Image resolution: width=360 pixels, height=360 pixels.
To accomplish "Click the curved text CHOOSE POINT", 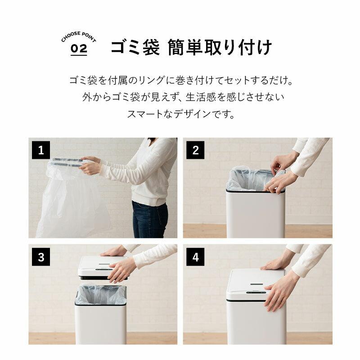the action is (78, 36).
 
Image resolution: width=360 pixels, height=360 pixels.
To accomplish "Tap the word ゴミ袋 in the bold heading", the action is (135, 47).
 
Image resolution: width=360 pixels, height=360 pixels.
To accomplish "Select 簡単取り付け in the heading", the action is (220, 47).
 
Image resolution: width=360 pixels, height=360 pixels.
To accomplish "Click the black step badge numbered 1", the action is (41, 150).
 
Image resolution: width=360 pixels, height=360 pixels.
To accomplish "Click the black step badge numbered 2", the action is (195, 150).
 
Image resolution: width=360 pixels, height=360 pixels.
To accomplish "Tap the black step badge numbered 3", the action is (41, 257).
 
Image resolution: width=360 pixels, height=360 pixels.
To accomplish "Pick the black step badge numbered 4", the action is (195, 257).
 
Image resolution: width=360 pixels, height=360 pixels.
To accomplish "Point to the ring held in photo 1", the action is (67, 162).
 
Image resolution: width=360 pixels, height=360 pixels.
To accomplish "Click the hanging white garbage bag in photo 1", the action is (73, 200).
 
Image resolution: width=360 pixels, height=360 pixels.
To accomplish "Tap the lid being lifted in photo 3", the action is (103, 268).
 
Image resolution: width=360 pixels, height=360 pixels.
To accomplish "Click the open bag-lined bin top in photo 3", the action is (100, 296).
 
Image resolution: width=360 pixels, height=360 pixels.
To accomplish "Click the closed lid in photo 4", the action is (256, 284).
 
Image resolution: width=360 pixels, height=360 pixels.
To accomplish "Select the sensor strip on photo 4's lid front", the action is (256, 292).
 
